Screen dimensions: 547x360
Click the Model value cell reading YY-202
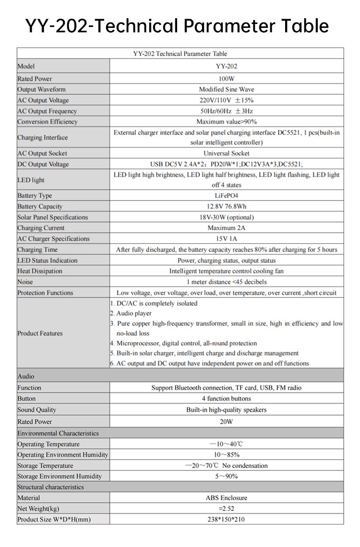(227, 67)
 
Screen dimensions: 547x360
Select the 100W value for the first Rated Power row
(227, 78)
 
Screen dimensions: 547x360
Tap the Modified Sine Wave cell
(227, 89)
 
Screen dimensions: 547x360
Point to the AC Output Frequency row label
(47, 111)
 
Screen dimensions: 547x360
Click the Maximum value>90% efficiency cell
(227, 122)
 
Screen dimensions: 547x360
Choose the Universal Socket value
(227, 154)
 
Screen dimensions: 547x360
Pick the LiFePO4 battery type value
(227, 196)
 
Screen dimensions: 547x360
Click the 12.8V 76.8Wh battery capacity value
(227, 206)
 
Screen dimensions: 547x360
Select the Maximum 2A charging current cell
(227, 228)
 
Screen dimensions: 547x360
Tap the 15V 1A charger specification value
(227, 238)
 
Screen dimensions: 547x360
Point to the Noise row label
(25, 282)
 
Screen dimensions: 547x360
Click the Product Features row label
(40, 333)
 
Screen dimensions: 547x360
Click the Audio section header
(26, 377)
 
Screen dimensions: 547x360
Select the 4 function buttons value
(227, 398)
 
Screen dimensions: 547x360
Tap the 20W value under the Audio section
(227, 421)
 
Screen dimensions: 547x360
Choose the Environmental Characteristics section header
(58, 433)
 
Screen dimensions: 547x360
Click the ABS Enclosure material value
(227, 498)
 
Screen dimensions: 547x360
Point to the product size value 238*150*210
(227, 519)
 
